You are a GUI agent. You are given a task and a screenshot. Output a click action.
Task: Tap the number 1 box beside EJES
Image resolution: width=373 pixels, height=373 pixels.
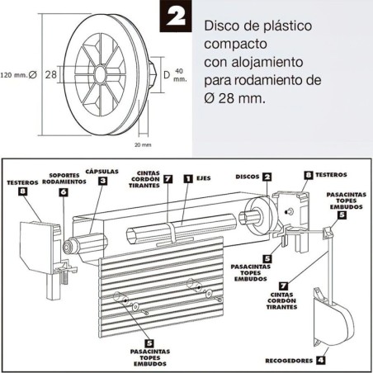tap(188, 177)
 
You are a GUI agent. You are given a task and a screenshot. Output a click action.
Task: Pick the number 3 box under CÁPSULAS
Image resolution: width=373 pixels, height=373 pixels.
tap(102, 181)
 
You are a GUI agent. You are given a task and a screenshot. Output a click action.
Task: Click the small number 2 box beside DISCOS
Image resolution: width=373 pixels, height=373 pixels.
tap(267, 176)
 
